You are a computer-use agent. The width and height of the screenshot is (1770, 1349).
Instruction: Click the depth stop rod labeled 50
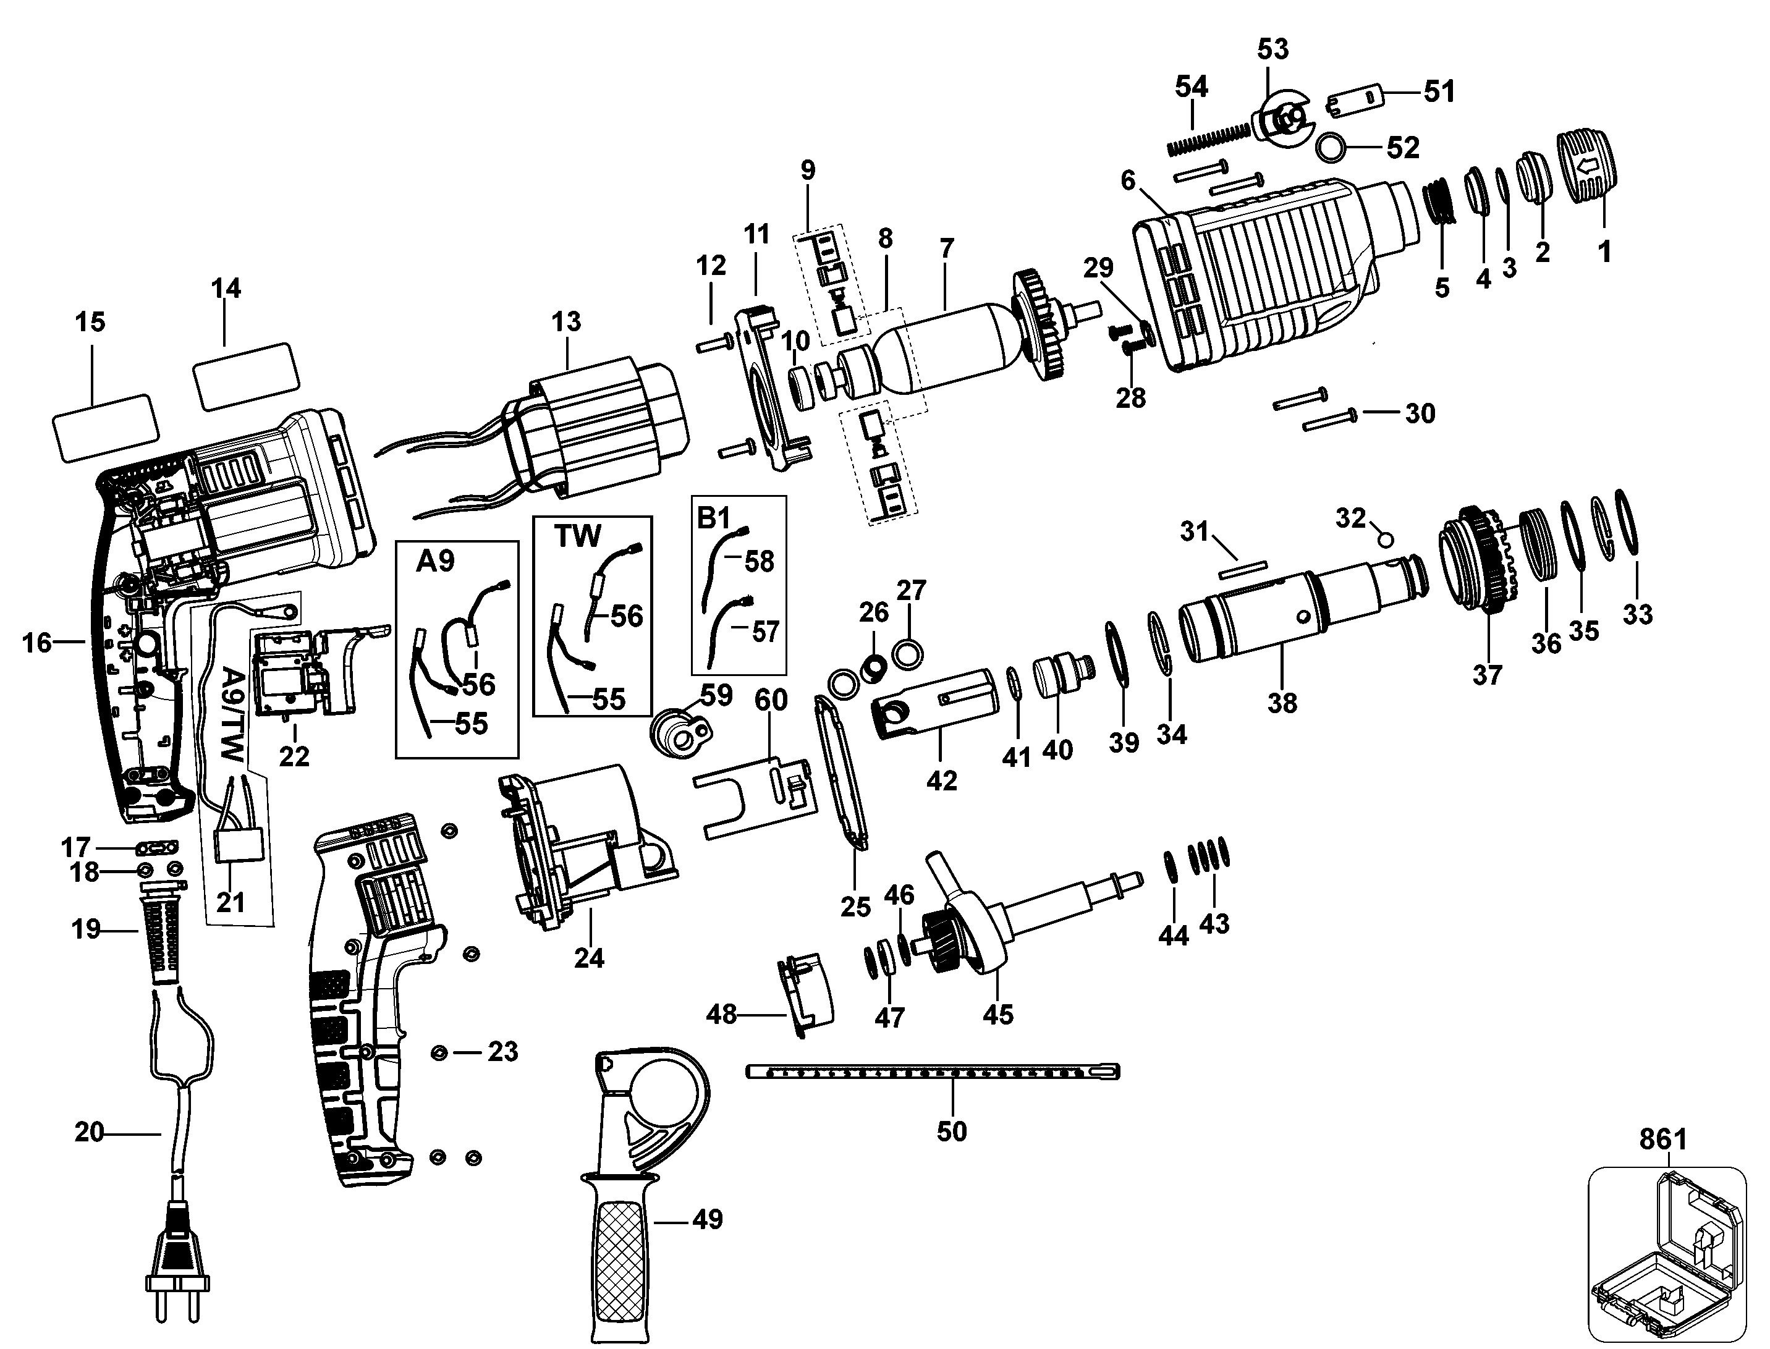click(x=933, y=1072)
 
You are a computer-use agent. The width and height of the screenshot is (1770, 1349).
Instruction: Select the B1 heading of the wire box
click(x=713, y=518)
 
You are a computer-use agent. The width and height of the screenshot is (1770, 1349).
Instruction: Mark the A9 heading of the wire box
click(x=435, y=561)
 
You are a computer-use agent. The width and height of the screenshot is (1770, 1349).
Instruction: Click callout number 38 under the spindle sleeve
click(x=1282, y=703)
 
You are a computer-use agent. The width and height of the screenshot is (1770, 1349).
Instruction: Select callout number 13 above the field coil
click(x=566, y=321)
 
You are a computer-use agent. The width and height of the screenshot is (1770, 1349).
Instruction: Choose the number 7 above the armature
click(x=947, y=248)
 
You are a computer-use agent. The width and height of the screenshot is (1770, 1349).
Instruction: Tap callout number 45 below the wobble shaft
click(x=998, y=1014)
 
